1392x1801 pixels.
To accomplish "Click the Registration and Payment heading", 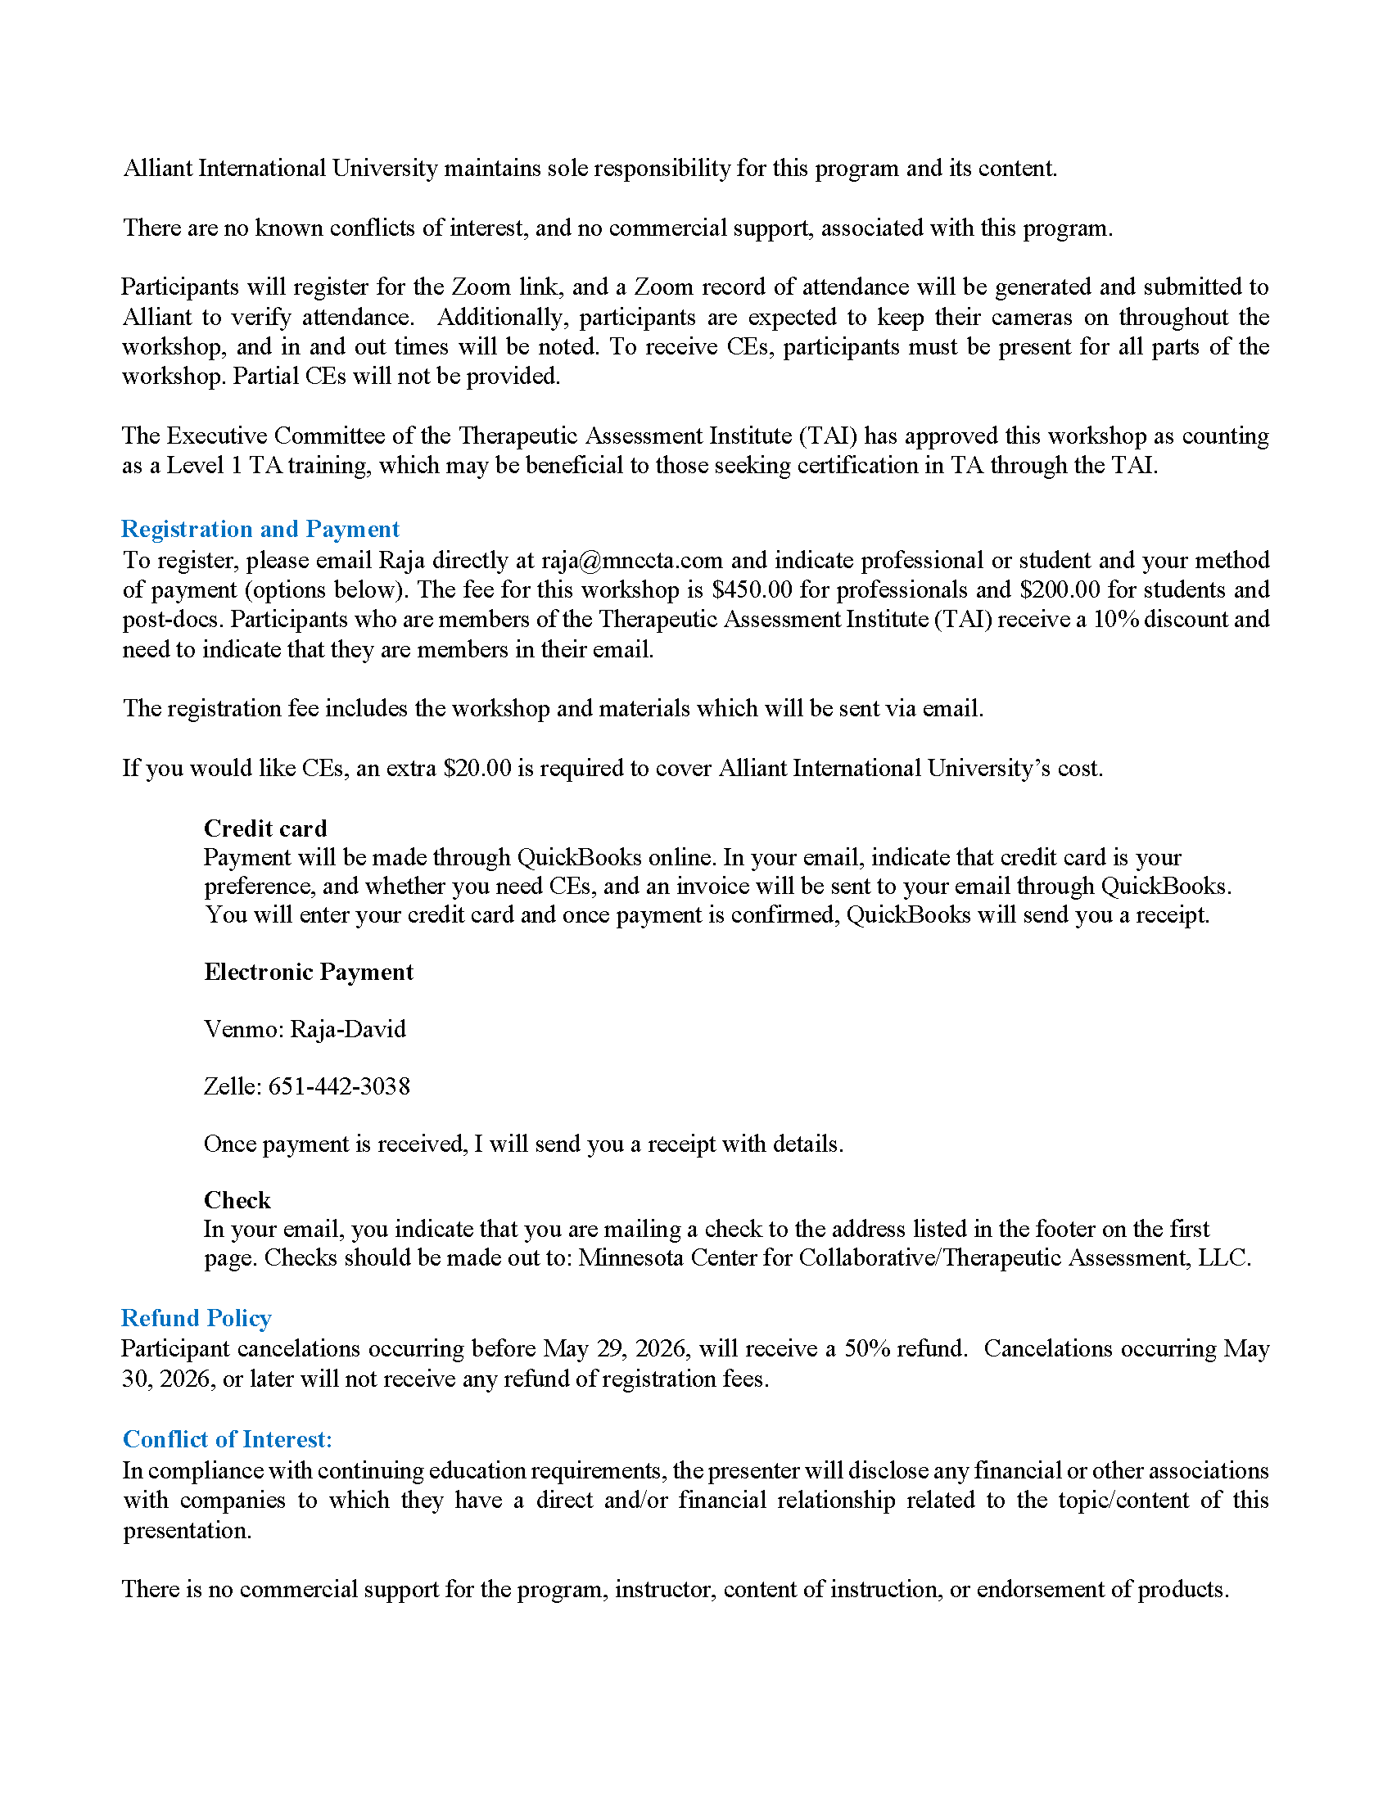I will click(260, 529).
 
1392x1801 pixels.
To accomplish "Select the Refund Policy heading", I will click(197, 1318).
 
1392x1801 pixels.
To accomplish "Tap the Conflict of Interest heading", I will click(227, 1439).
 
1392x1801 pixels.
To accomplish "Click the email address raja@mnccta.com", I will click(631, 560).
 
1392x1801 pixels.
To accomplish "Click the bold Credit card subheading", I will click(264, 828).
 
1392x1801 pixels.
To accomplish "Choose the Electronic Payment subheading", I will click(309, 972).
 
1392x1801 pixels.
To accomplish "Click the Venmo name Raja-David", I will click(348, 1029).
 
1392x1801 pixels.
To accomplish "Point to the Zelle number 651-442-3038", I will click(339, 1086).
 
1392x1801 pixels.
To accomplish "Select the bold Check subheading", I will click(237, 1200).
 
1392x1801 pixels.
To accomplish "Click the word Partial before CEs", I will click(266, 376).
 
